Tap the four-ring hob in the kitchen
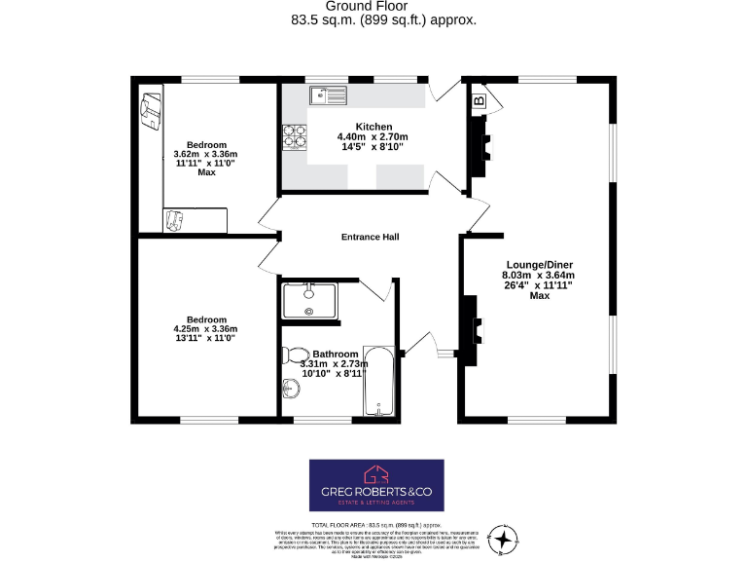click(293, 138)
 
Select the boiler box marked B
click(479, 99)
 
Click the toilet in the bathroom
click(296, 355)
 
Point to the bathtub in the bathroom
click(378, 383)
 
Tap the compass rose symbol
click(503, 538)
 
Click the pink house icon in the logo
click(375, 474)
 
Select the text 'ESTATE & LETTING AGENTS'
click(375, 502)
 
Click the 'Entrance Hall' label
click(370, 237)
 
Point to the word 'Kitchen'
click(373, 127)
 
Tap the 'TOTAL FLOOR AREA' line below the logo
click(374, 523)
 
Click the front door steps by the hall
click(446, 354)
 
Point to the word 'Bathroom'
click(335, 354)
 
